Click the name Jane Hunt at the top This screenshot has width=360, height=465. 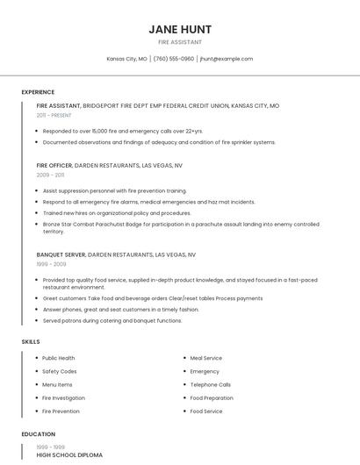(x=180, y=29)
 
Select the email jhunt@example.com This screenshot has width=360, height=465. (x=227, y=59)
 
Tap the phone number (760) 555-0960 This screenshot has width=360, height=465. (x=174, y=59)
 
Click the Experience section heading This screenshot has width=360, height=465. (x=38, y=92)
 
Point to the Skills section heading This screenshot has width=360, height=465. (x=31, y=341)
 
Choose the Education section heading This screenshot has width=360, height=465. (x=38, y=434)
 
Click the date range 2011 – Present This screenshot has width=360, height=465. (x=54, y=115)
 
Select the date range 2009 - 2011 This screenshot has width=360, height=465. (x=50, y=175)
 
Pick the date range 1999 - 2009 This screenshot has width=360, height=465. (x=51, y=263)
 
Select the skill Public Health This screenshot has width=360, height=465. (x=59, y=358)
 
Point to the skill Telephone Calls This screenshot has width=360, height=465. (x=211, y=384)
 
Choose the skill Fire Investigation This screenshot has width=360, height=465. (x=64, y=397)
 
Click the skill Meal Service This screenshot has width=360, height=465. (x=206, y=358)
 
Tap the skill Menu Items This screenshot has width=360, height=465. (x=57, y=384)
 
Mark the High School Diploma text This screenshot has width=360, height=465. (x=69, y=455)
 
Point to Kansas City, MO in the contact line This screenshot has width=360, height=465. (x=126, y=59)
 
